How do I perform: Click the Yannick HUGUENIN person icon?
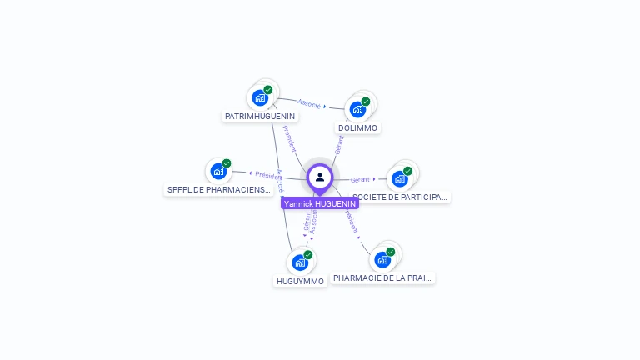320,177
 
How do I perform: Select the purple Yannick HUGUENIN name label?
320,203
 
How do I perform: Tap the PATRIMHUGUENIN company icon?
260,98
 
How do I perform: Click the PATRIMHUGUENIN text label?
260,117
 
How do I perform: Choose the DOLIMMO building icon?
357,109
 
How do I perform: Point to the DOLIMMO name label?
358,128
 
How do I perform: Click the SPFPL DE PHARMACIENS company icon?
218,172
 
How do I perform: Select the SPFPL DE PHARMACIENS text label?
219,190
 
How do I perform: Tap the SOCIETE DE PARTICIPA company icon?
400,178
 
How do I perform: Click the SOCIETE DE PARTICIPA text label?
401,197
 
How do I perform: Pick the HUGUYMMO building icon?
300,262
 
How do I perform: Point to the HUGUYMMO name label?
300,282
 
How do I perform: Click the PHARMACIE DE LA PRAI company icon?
382,259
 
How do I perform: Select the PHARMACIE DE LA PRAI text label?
383,277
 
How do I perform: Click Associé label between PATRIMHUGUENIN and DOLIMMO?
309,103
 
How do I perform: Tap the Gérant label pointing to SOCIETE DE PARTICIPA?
360,179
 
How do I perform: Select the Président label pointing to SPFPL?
268,175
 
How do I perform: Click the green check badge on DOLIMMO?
366,102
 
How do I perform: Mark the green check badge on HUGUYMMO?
308,254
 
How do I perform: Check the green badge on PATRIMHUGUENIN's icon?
268,90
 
